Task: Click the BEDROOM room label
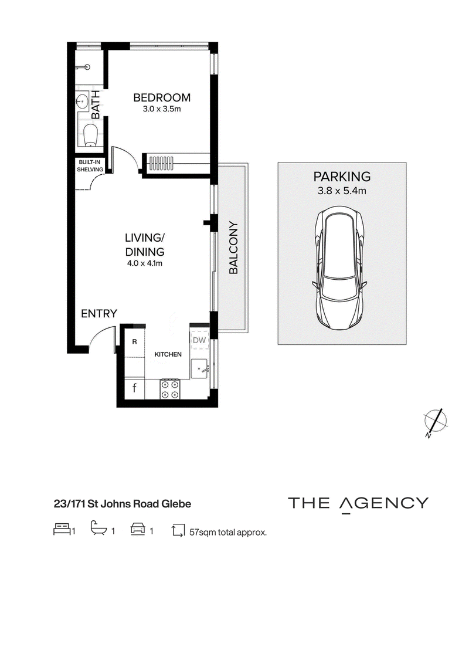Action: pos(162,98)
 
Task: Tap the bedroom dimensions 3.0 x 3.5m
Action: pos(162,109)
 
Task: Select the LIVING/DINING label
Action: pos(145,245)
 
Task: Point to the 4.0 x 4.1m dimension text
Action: pos(145,263)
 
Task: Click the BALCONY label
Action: pos(233,248)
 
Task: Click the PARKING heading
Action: pos(342,176)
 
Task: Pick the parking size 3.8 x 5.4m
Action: pos(342,191)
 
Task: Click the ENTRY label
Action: pos(99,314)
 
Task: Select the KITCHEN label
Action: pos(168,354)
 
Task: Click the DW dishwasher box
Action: pos(199,340)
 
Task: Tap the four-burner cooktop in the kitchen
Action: pos(170,389)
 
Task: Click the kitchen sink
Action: pos(199,369)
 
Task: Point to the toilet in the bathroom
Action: pos(91,135)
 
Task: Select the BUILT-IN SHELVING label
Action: pos(90,166)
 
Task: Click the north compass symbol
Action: pos(436,421)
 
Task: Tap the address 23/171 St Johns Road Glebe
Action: pos(123,504)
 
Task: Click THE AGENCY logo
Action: pos(358,504)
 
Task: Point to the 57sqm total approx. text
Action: pos(227,532)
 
